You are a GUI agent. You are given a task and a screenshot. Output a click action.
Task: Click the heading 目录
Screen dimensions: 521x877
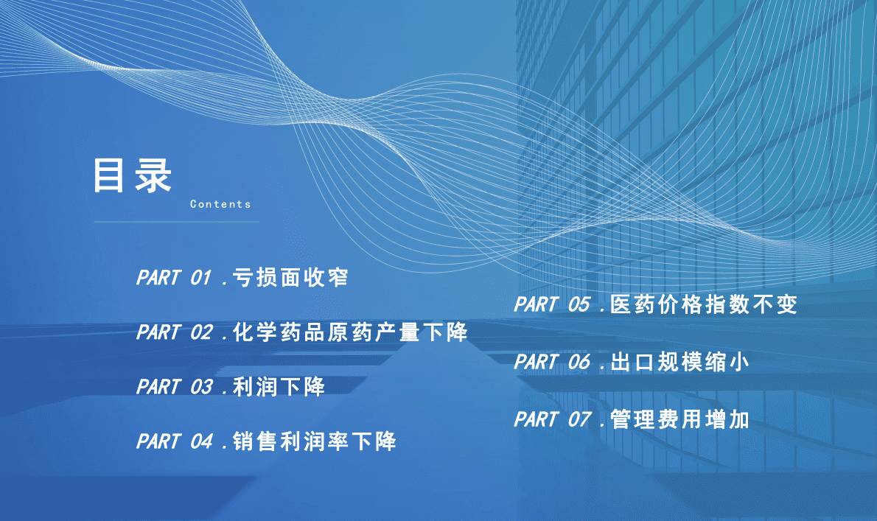132,176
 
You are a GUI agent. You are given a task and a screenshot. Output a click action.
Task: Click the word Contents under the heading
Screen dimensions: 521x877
220,204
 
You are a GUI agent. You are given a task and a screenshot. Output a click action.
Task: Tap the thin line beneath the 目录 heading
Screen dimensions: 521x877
176,221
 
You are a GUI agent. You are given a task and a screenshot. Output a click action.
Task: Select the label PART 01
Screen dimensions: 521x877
175,279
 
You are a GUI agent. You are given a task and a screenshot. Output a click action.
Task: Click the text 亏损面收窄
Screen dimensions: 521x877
290,279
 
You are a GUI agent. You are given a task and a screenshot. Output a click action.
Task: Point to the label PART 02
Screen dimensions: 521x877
175,332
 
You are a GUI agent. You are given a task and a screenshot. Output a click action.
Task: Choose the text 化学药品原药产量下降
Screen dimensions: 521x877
350,332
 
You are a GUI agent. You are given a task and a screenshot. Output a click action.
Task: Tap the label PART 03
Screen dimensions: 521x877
175,387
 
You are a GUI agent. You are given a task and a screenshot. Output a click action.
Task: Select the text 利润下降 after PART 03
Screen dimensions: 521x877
279,387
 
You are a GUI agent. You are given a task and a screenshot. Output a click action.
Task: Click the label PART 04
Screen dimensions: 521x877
175,441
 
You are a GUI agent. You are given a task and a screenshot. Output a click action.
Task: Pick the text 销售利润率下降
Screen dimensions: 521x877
314,441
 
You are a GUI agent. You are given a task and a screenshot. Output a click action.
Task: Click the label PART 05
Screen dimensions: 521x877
552,305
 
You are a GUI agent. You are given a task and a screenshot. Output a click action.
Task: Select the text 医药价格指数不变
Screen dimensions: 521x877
704,305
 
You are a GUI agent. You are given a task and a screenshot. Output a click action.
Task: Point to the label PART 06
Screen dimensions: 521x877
552,362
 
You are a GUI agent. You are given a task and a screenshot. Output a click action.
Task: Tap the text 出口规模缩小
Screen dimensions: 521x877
679,362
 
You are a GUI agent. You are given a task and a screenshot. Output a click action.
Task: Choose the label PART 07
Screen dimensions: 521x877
552,420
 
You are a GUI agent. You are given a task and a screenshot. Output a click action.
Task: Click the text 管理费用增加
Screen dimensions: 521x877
679,420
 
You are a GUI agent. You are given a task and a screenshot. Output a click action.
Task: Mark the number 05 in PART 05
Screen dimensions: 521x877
579,305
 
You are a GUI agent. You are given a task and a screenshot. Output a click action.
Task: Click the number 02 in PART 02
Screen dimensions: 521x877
202,332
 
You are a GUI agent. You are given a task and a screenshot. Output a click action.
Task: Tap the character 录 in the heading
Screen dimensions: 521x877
153,176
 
